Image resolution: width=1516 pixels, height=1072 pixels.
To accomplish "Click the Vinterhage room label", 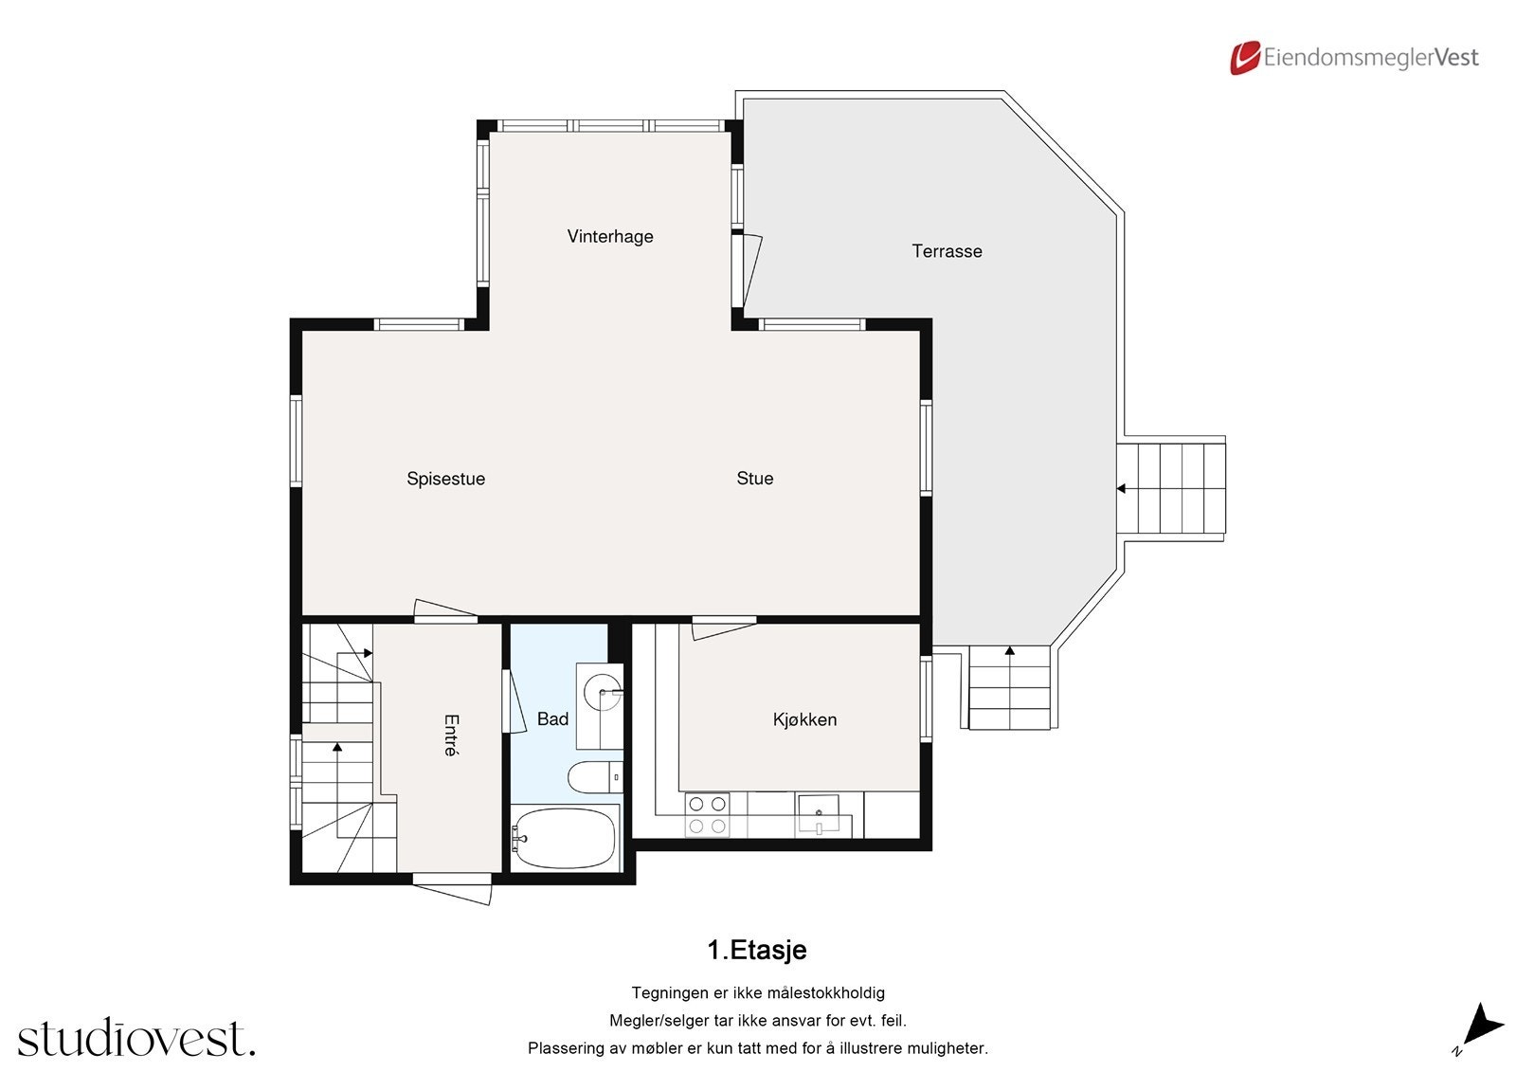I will point(610,236).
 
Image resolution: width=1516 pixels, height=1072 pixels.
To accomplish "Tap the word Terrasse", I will point(947,251).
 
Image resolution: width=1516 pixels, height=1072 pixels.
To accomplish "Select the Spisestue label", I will point(445,479).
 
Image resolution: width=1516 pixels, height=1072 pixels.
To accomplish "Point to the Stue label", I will point(755,479).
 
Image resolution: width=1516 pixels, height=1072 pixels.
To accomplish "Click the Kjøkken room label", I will point(804,719).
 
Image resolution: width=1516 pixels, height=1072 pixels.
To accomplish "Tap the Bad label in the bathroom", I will point(552,719).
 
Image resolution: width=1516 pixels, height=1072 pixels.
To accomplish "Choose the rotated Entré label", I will point(451,735).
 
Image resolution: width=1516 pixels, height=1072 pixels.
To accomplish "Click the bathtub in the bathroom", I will point(565,838).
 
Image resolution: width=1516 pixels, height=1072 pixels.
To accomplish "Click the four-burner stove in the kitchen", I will point(707,815).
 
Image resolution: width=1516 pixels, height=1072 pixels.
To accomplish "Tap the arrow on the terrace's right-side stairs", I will point(1121,489).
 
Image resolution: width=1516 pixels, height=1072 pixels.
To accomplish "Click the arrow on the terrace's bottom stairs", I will point(1010,651).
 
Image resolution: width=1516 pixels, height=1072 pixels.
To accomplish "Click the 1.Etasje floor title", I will point(757,950).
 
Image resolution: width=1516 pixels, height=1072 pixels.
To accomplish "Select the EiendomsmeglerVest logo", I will point(1354,58).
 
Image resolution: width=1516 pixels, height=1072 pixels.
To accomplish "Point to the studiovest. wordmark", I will point(136,1038).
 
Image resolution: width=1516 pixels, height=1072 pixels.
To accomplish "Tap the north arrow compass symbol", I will point(1479,1027).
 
